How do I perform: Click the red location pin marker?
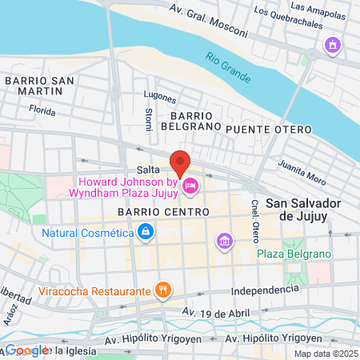tap(180, 162)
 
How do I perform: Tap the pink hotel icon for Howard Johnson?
tap(190, 187)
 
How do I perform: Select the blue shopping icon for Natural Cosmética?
tap(145, 233)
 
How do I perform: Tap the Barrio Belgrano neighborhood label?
tap(190, 120)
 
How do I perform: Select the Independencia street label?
tap(264, 289)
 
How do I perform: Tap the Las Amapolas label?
tap(318, 7)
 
